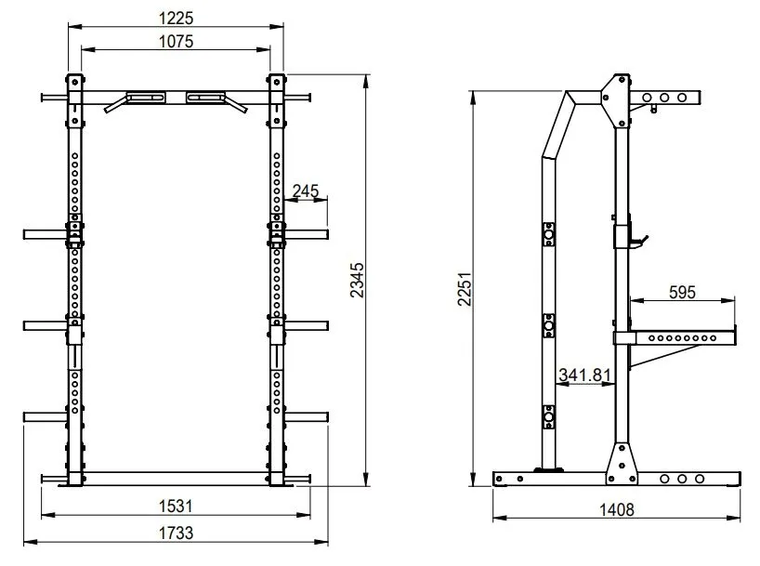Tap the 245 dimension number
tap(305, 191)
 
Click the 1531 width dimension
tap(176, 506)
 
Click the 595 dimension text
tap(682, 292)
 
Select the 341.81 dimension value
tap(584, 375)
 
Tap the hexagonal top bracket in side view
tap(616, 93)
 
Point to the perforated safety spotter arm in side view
tap(683, 336)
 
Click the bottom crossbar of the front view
tap(176, 478)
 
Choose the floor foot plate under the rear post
tap(549, 469)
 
